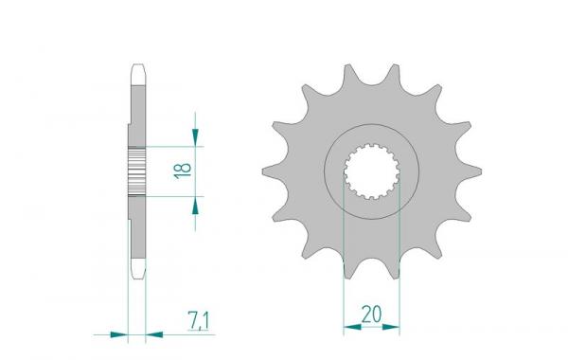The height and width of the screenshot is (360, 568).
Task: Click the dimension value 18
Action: point(186,171)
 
